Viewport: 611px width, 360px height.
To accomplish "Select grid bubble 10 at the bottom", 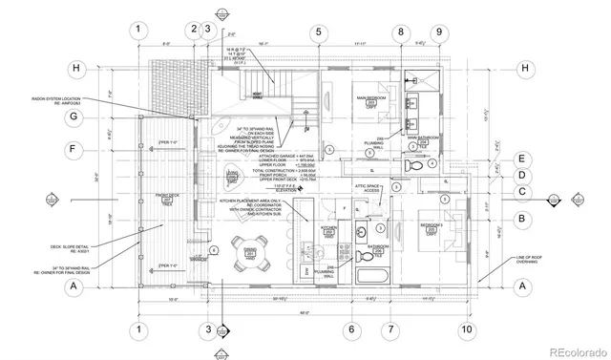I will [466, 330].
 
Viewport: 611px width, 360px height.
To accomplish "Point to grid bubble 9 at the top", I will [439, 32].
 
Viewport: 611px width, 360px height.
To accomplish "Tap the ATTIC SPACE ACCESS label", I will [369, 188].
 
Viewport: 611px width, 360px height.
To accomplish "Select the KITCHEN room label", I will [328, 230].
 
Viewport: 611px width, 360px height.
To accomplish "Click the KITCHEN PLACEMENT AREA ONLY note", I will [247, 206].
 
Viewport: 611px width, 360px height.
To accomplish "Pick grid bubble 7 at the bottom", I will [390, 330].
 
